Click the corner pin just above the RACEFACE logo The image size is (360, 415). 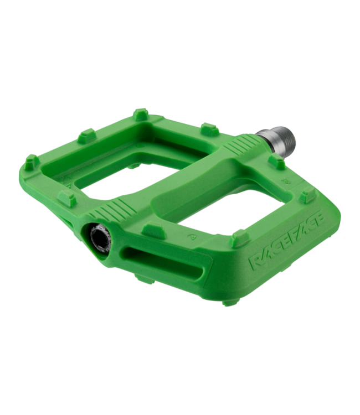(308, 195)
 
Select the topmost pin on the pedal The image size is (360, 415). (141, 114)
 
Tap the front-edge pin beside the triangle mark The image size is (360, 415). (239, 238)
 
